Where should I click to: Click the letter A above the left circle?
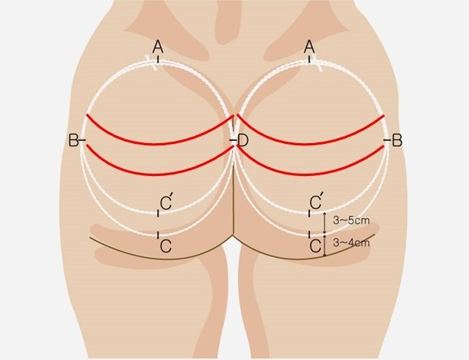[x=158, y=47]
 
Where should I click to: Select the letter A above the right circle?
[x=310, y=47]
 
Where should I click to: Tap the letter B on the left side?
[x=73, y=140]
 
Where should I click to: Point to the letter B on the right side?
[x=397, y=140]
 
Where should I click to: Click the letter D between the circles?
[x=243, y=140]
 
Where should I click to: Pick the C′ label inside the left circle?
[x=166, y=202]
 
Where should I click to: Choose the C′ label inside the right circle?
[x=316, y=202]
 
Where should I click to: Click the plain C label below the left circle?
[x=166, y=246]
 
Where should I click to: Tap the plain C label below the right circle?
[x=316, y=246]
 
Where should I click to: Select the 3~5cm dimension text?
[x=351, y=221]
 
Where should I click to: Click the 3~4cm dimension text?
[x=351, y=242]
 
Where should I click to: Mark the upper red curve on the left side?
[x=159, y=144]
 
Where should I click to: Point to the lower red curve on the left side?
[x=159, y=174]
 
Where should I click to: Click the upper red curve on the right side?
[x=311, y=144]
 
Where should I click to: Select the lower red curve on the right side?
[x=311, y=174]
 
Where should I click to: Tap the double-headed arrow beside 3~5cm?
[x=325, y=223]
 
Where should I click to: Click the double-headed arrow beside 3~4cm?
[x=325, y=245]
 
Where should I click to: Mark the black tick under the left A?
[x=158, y=59]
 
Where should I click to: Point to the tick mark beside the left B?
[x=82, y=140]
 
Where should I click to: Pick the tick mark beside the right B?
[x=388, y=140]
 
